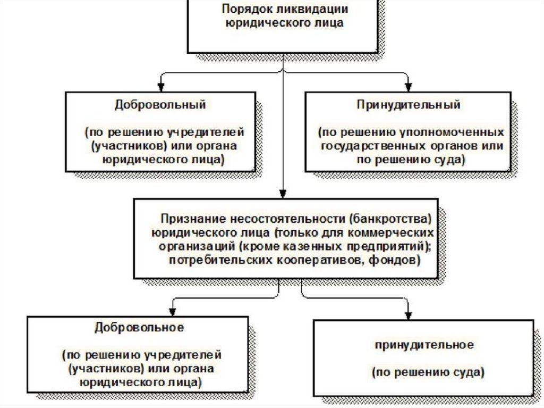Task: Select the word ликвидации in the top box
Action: (x=312, y=9)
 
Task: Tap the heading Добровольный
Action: (x=160, y=105)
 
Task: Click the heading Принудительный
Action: (x=409, y=105)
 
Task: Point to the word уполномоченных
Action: (x=452, y=132)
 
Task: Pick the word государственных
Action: (x=373, y=146)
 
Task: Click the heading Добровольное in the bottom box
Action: (x=139, y=328)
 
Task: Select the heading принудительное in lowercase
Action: (x=424, y=345)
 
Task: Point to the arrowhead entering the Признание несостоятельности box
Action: (x=283, y=194)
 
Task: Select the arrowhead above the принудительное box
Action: (x=409, y=315)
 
